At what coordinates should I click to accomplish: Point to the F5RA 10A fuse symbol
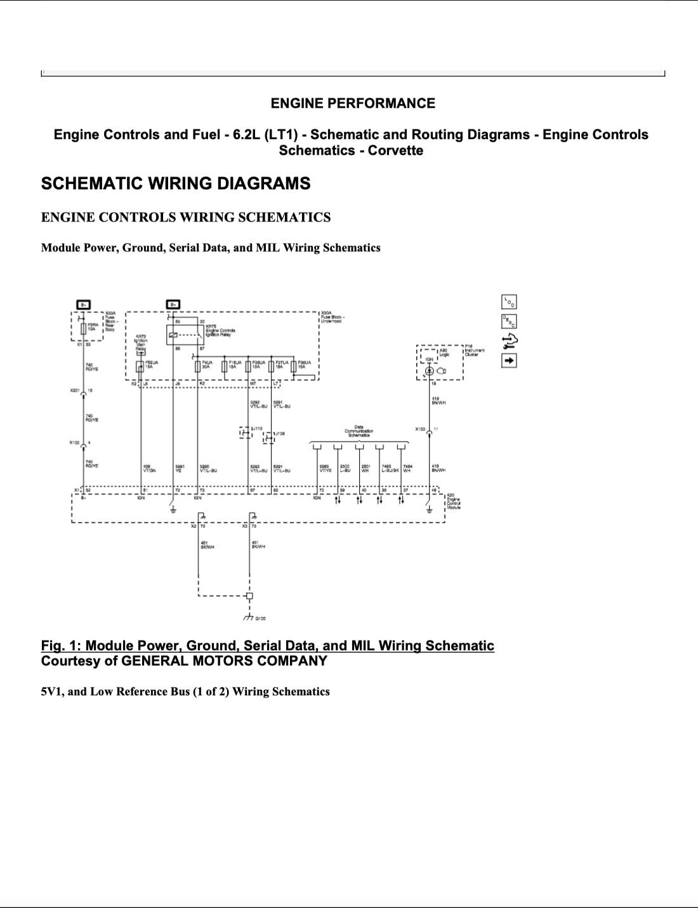[83, 328]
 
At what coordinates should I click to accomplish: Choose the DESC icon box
[509, 321]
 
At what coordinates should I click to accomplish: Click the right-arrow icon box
[509, 361]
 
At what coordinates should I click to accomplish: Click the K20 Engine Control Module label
[453, 502]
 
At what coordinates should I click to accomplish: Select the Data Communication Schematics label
[359, 432]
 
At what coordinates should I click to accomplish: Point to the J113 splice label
[257, 429]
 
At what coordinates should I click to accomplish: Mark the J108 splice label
[279, 434]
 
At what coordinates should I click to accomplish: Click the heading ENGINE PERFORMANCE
[353, 103]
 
